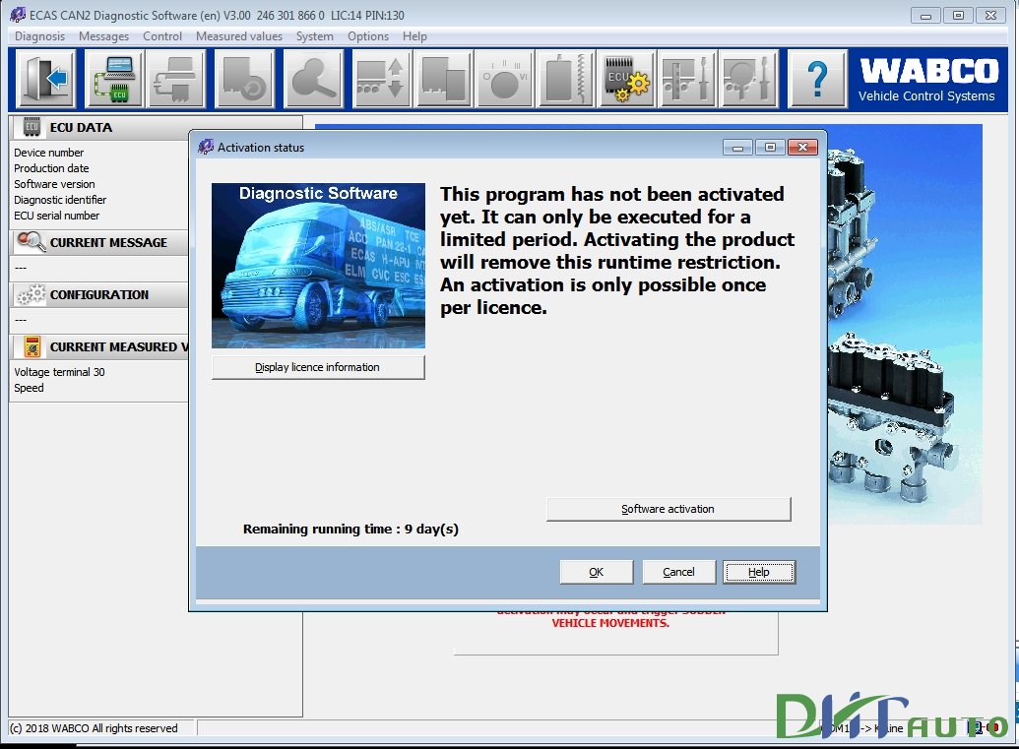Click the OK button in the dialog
point(596,572)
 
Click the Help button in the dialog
point(758,572)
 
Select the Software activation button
point(669,509)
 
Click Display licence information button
point(318,367)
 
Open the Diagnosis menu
point(39,36)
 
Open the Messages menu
point(103,36)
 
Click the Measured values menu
point(239,36)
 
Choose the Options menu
point(368,36)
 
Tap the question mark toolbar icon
point(817,79)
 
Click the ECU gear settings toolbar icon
point(626,79)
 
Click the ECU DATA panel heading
point(81,127)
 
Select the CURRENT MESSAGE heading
point(108,242)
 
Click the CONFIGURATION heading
point(99,294)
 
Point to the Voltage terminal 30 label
point(59,372)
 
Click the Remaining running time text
point(350,530)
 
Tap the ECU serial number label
point(56,216)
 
